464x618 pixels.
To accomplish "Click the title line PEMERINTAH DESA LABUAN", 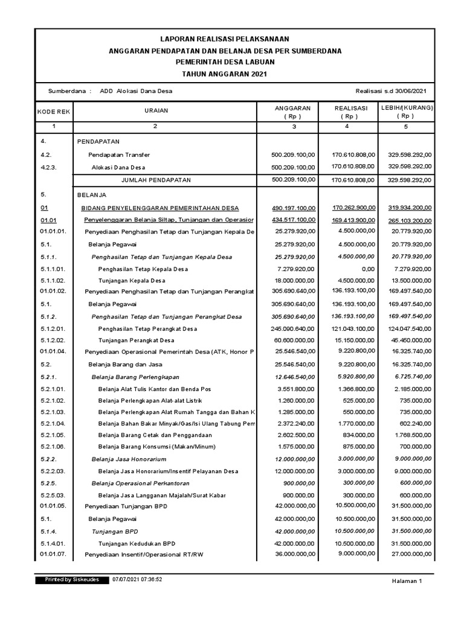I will coord(233,62).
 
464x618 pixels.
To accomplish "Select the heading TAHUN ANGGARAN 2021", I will coord(233,73).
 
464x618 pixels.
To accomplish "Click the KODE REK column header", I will coord(54,112).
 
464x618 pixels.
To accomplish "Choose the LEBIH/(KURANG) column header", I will coord(406,112).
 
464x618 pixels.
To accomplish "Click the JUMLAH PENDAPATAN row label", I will coord(156,180).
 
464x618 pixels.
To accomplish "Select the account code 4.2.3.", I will coord(49,167).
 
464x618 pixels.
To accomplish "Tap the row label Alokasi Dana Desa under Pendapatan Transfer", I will coord(118,167).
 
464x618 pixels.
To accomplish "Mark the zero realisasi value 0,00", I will coord(366,269).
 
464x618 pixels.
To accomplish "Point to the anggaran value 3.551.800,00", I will coord(295,389).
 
